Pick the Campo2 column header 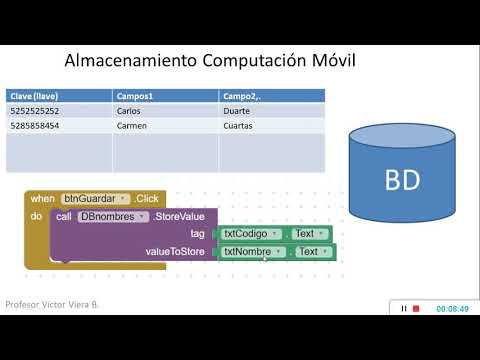pos(243,95)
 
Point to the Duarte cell pos(239,111)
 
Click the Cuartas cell pos(241,126)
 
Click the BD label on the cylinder pos(403,181)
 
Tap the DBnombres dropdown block pos(114,216)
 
